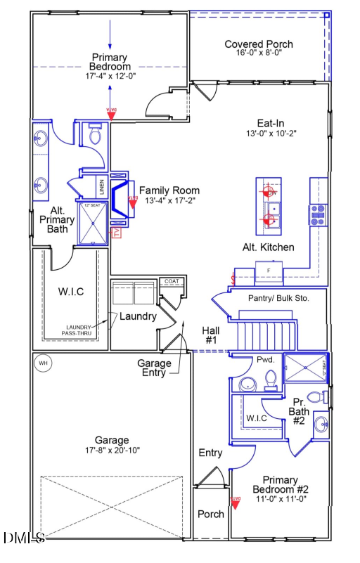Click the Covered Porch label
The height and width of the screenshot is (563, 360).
259,44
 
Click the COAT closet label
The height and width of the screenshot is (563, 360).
172,281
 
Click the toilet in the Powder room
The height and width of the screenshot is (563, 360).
271,380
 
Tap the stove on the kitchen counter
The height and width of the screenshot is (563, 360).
317,214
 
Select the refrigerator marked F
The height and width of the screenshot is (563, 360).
268,270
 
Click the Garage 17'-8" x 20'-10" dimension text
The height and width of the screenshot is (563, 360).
112,450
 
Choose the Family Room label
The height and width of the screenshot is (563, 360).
169,190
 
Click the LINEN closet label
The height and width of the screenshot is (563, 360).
102,188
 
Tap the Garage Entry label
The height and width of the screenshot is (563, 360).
154,368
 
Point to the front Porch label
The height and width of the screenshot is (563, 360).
210,514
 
